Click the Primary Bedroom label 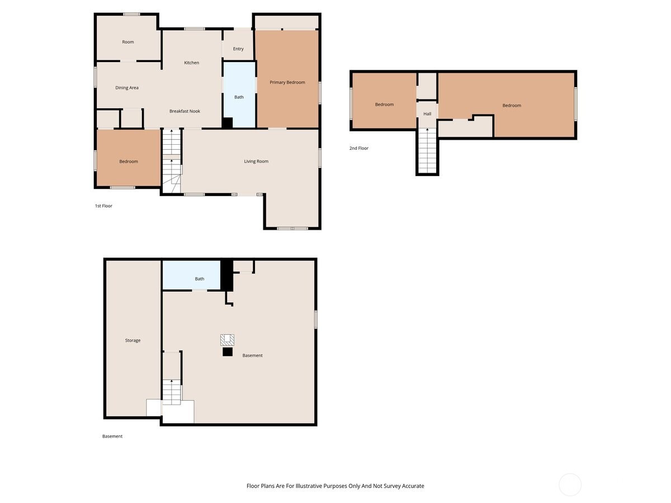(x=287, y=82)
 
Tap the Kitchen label (x=191, y=63)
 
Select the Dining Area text (x=126, y=88)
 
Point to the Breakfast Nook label (x=185, y=111)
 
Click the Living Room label (x=256, y=162)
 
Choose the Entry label (x=238, y=49)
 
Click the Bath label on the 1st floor (x=239, y=97)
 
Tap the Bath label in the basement (x=199, y=279)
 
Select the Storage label (x=133, y=340)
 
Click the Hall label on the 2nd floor (x=427, y=114)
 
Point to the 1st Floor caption (x=103, y=206)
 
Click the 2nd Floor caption (x=358, y=148)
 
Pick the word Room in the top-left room (x=128, y=42)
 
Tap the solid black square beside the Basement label (x=227, y=352)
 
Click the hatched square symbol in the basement (x=227, y=340)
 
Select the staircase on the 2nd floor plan (x=427, y=151)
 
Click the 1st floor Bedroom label (x=129, y=162)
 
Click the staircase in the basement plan (x=172, y=392)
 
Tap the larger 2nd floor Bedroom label (x=512, y=106)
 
